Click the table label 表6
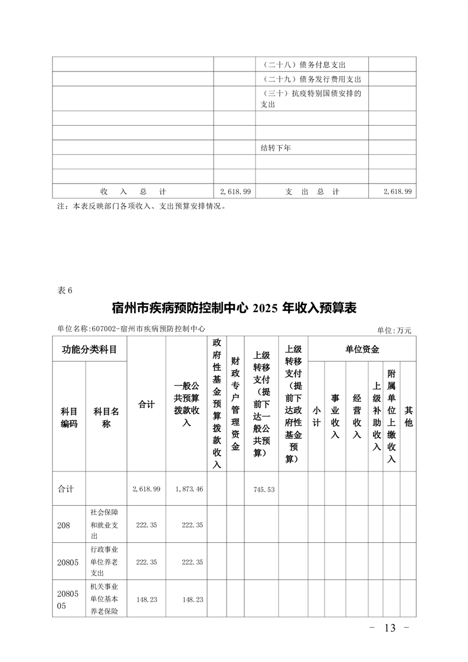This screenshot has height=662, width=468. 65,290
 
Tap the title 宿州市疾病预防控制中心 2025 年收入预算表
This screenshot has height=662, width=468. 234,308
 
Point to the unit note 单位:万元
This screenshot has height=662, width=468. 394,330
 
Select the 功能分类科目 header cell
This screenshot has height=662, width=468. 90,349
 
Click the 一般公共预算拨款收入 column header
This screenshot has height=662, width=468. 186,404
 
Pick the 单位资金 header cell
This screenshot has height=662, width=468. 362,349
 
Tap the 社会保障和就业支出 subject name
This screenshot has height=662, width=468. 104,525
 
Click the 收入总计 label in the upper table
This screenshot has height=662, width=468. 133,192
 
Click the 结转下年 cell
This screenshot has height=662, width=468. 276,148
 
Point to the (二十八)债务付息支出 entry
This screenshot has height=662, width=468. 303,64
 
